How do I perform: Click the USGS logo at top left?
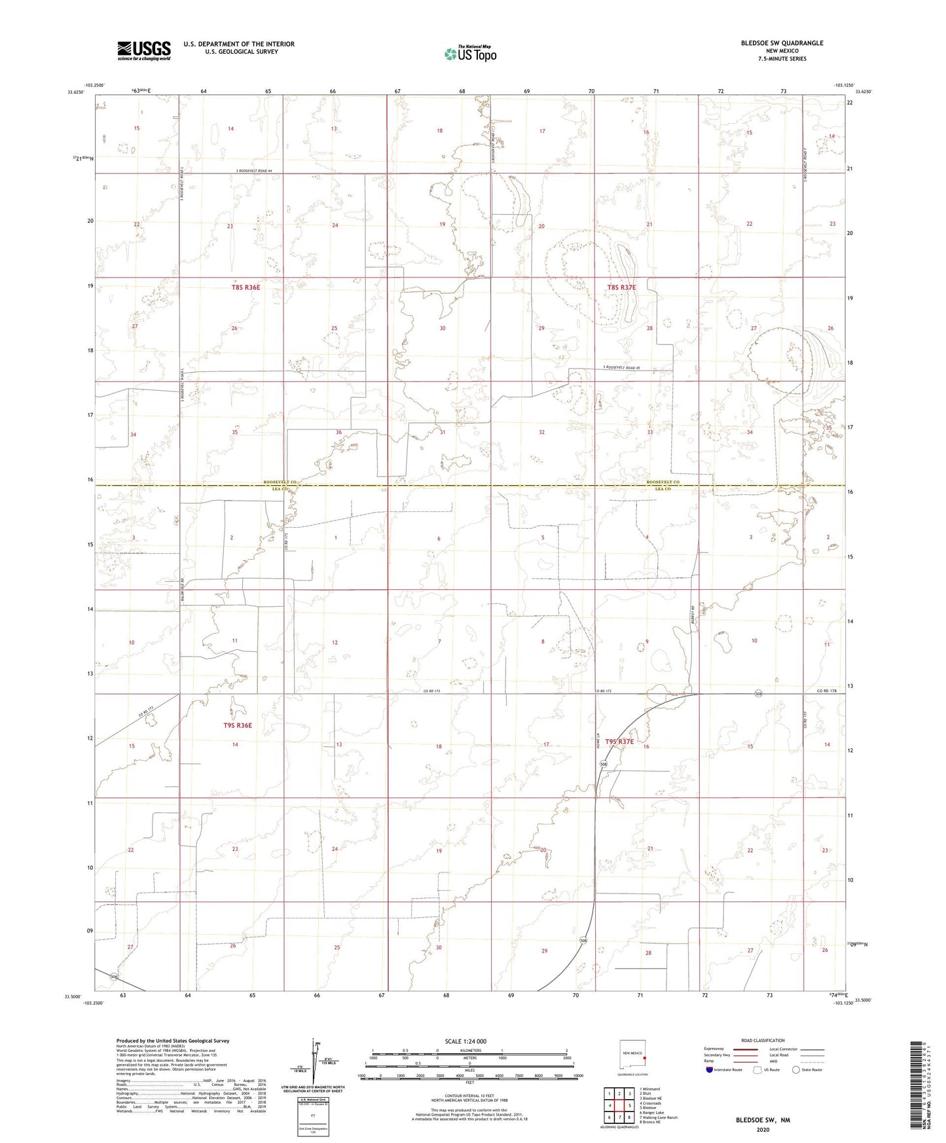click(143, 50)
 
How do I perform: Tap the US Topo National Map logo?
click(470, 53)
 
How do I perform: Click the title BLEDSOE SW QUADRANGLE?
click(782, 43)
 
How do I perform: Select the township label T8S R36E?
click(246, 287)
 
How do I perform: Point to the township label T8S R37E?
click(621, 287)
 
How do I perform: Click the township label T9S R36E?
click(237, 725)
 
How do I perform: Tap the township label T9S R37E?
click(619, 742)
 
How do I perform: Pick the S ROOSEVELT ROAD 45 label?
click(621, 368)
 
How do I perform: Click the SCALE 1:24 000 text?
click(465, 1042)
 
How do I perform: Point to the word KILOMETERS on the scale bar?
click(469, 1050)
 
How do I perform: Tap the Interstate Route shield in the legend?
click(710, 1070)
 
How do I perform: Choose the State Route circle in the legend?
click(796, 1070)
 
